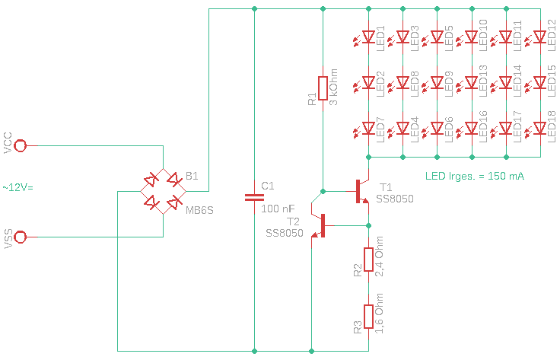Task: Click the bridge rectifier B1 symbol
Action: pos(164,191)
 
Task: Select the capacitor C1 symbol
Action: pos(253,197)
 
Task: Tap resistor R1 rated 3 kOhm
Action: pos(323,88)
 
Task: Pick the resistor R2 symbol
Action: pos(368,260)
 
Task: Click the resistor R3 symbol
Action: pos(368,317)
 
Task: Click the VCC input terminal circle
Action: pos(21,145)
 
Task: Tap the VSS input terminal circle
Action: pos(21,237)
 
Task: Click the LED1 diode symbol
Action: pos(368,37)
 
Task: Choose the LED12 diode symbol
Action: pos(540,37)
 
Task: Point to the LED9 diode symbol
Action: pos(437,82)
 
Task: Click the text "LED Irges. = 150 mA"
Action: pos(475,176)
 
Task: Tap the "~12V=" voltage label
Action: pos(18,187)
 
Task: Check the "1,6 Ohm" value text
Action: pos(380,314)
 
